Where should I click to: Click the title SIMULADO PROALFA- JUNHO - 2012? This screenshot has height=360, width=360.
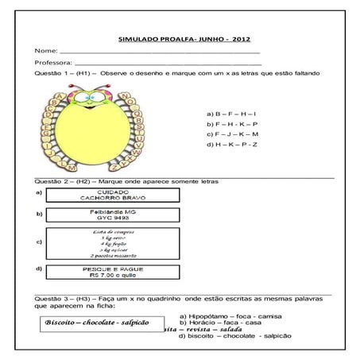tap(180, 37)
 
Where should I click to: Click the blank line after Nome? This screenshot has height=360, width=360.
tap(159, 51)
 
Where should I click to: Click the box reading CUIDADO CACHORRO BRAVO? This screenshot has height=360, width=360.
tap(112, 195)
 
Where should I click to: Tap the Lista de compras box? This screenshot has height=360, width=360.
tap(112, 242)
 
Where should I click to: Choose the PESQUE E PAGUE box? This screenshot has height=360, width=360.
tap(112, 271)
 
